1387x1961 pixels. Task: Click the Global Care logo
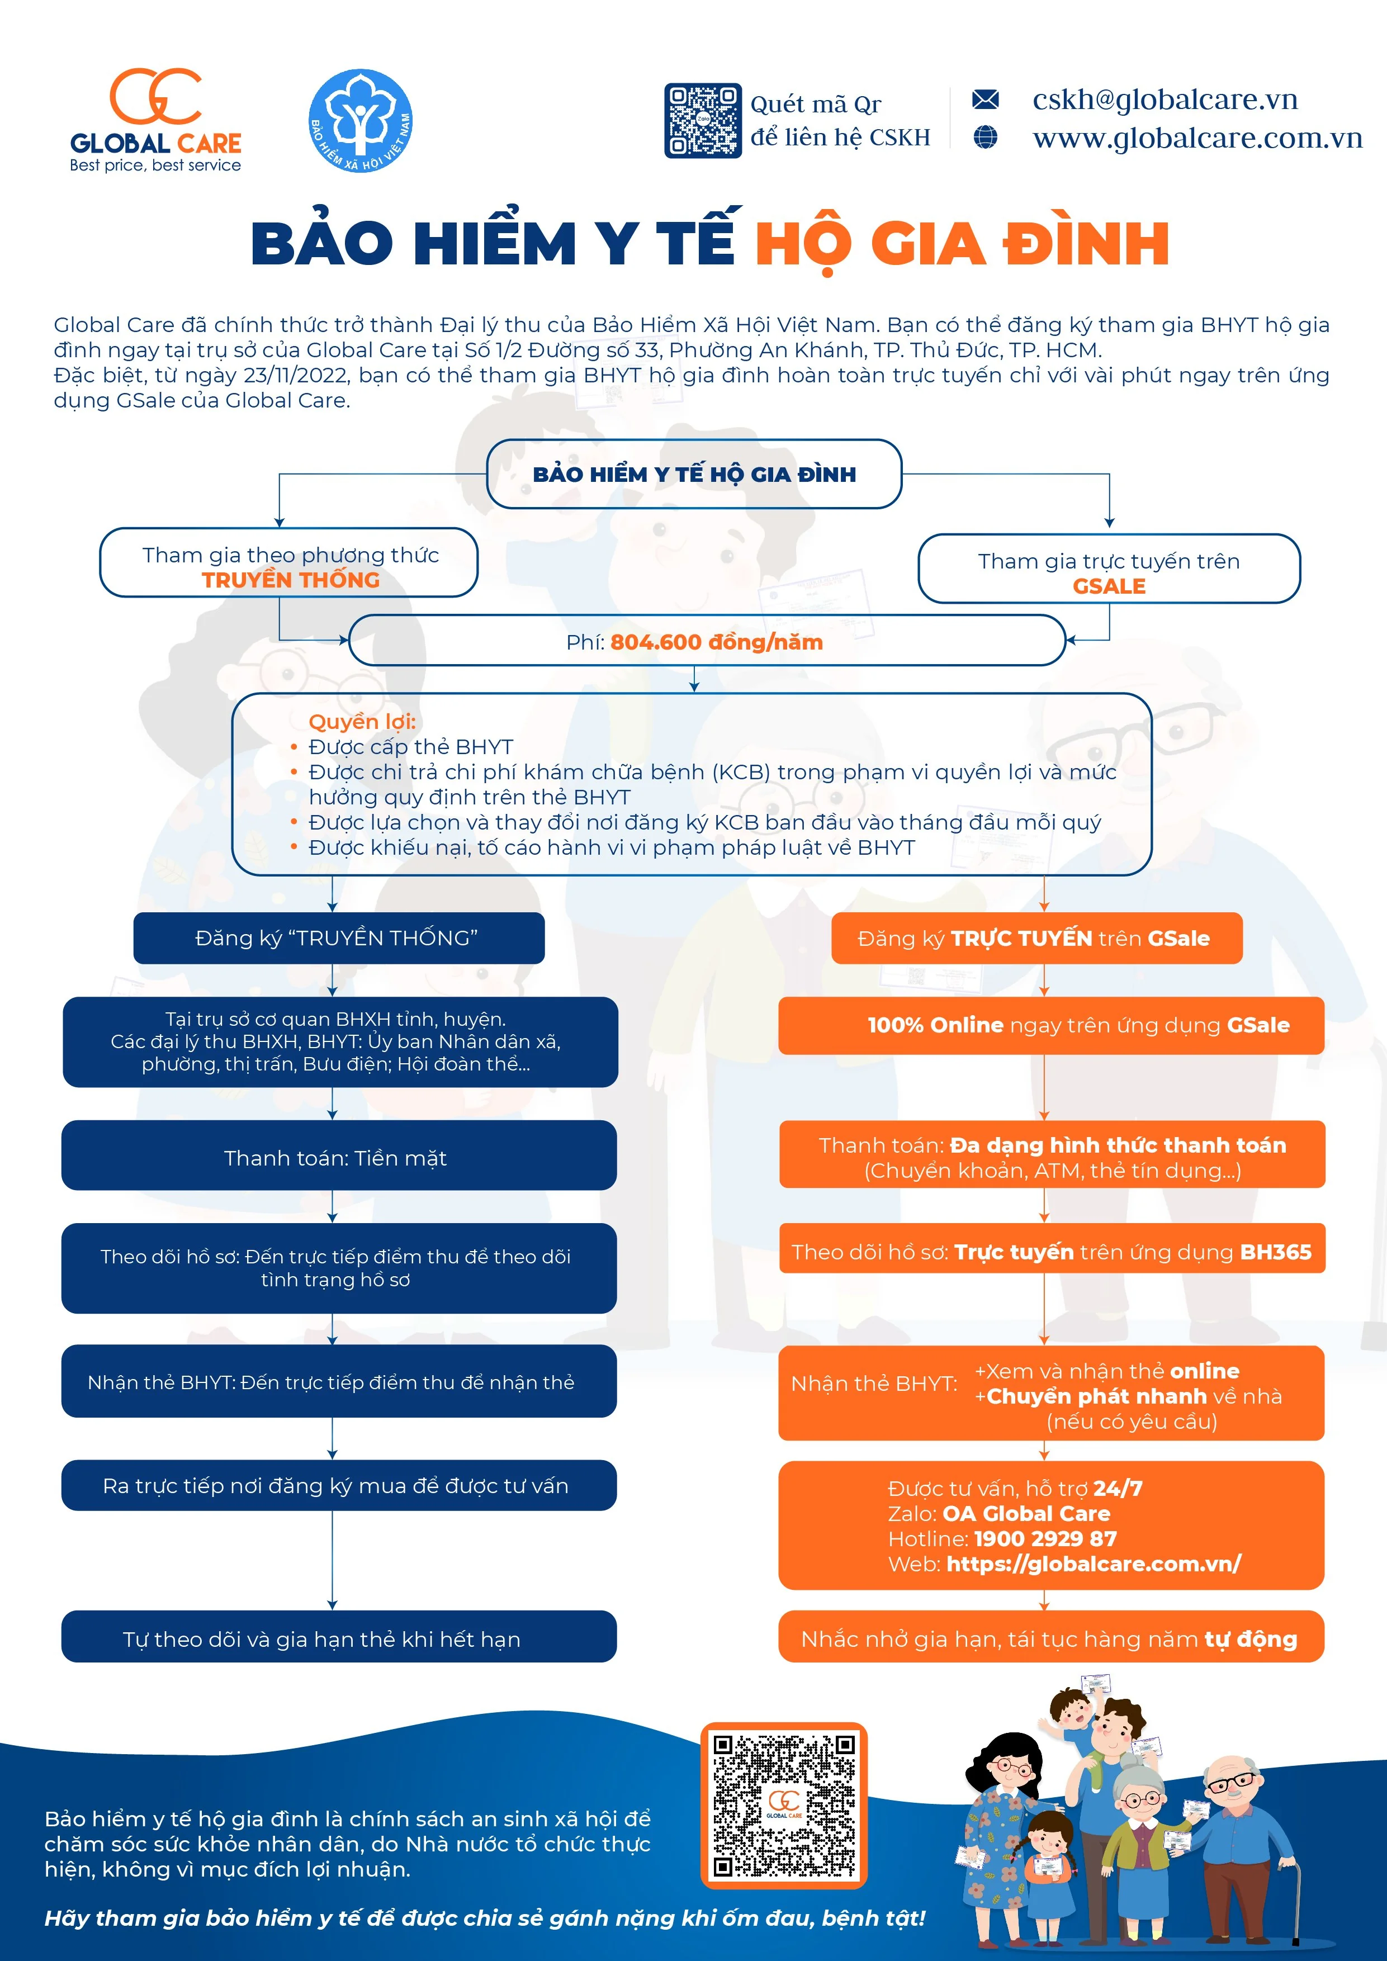click(x=155, y=120)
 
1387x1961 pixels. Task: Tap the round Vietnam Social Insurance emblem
click(x=361, y=120)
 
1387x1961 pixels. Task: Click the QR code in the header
click(x=702, y=120)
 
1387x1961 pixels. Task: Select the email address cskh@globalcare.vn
click(x=1165, y=100)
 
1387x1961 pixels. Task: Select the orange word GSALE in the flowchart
click(x=1109, y=586)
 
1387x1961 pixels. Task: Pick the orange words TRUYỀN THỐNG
click(x=290, y=580)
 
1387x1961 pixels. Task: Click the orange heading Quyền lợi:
click(x=362, y=721)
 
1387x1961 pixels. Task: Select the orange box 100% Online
click(x=1052, y=1025)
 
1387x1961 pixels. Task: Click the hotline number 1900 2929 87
click(x=1045, y=1538)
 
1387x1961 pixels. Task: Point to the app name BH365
click(x=1275, y=1252)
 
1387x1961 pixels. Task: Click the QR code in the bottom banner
click(x=783, y=1804)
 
